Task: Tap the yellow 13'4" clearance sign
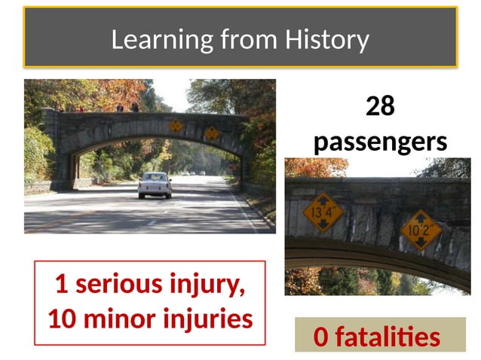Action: tap(323, 213)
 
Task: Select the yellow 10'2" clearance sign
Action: tap(421, 228)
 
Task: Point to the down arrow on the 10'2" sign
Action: tap(421, 242)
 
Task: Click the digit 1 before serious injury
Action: tap(61, 285)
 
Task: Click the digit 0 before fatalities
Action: tap(321, 337)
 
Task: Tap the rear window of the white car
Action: tap(155, 178)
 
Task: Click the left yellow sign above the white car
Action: tap(176, 126)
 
